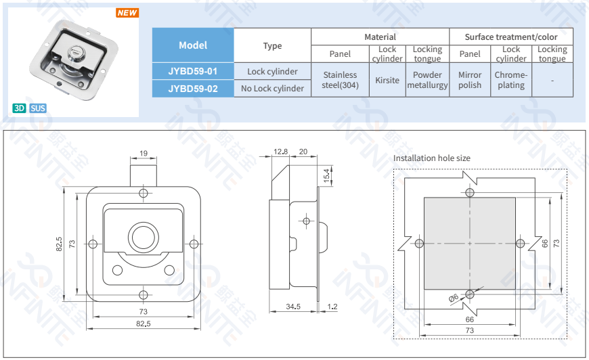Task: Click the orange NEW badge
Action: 127,13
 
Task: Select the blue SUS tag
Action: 38,108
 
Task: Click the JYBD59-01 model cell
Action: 193,71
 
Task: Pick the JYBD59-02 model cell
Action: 193,88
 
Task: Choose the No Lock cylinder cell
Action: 272,88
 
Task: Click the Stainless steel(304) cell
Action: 340,80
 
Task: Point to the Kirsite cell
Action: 387,80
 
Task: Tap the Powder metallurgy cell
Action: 427,80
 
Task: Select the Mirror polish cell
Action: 470,80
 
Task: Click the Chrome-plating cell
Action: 510,80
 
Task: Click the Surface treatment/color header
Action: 510,37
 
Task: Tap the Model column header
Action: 193,45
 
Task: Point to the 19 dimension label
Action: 144,153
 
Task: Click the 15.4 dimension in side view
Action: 326,175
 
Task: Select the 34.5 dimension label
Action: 292,307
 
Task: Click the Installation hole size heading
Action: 431,158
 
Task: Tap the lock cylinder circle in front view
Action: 143,238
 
